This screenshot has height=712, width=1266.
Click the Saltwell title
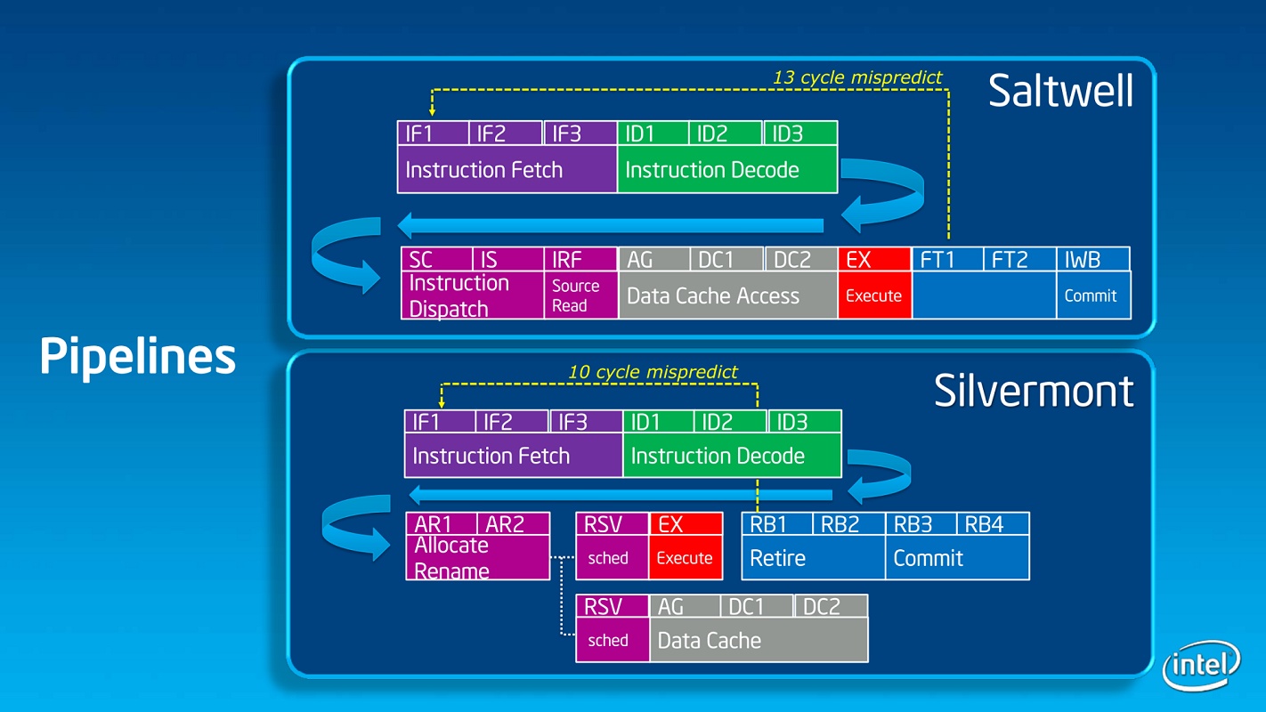point(1060,91)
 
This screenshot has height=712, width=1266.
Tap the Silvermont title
point(1034,390)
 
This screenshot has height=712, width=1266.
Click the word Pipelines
point(137,357)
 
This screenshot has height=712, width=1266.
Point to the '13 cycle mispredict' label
point(856,77)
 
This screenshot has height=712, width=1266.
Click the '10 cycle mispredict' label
point(653,372)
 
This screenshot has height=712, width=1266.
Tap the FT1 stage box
point(947,259)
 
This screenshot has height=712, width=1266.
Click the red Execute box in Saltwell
point(873,295)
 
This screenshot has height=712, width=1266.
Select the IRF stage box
point(580,259)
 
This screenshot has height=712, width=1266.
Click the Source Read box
point(580,295)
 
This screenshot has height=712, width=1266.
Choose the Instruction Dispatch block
point(472,295)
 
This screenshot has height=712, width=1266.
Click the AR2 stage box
point(514,523)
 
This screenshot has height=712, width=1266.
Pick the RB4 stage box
point(993,523)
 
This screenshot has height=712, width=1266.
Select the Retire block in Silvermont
point(813,558)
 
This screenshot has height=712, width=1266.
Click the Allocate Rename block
point(477,558)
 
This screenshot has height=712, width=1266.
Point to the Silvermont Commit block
point(957,558)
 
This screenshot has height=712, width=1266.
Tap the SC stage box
point(436,259)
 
